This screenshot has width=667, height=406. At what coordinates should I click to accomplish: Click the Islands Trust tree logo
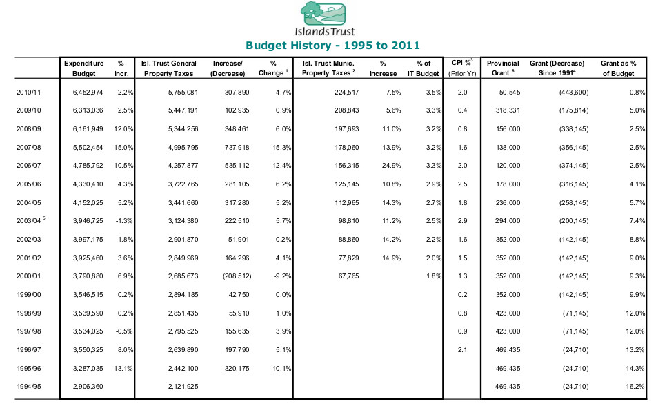click(x=323, y=13)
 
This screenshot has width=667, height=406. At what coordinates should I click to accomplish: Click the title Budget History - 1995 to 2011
click(x=332, y=46)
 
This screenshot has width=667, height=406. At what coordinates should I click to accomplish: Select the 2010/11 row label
click(x=29, y=92)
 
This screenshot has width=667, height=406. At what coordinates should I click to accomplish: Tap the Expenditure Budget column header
click(x=83, y=68)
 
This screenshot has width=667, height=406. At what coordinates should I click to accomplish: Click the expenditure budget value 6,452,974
click(x=88, y=92)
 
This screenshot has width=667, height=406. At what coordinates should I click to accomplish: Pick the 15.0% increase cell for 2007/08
click(x=123, y=147)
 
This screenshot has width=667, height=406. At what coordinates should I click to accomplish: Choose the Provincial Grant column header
click(x=503, y=68)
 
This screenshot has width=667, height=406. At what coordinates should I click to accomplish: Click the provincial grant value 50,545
click(x=508, y=92)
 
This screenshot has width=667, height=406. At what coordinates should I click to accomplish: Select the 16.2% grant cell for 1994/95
click(x=635, y=387)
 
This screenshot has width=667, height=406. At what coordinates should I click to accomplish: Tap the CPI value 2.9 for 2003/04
click(x=462, y=221)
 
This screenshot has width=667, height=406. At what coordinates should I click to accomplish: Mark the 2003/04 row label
click(x=29, y=221)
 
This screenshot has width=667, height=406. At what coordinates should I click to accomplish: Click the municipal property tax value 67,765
click(x=348, y=275)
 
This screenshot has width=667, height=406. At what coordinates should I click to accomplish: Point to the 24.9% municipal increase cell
click(x=391, y=165)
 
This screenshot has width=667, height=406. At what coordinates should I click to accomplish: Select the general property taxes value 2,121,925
click(x=183, y=387)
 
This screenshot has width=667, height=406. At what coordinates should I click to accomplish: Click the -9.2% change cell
click(x=282, y=275)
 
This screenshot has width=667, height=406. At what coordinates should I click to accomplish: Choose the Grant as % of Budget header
click(x=618, y=68)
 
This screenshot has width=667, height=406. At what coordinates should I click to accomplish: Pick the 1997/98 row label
click(x=29, y=331)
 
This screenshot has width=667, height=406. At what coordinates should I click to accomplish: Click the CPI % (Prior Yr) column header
click(x=462, y=68)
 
